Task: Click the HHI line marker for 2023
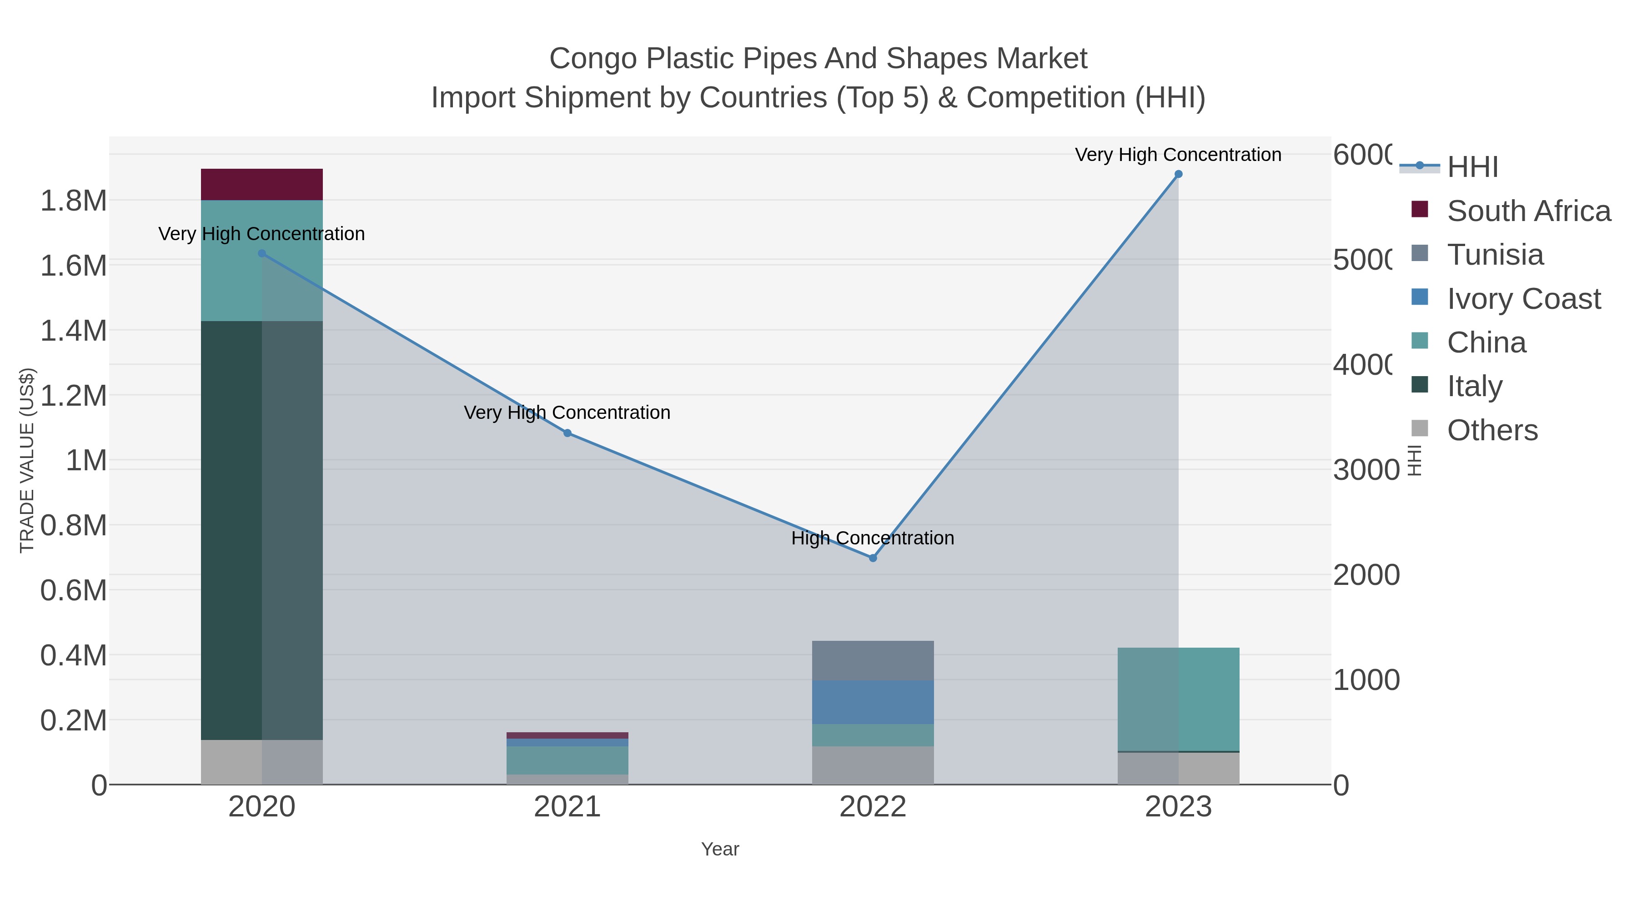pyautogui.click(x=1178, y=174)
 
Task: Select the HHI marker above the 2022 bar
pyautogui.click(x=873, y=558)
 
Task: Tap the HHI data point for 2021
pyautogui.click(x=567, y=433)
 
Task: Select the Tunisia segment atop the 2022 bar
pyautogui.click(x=873, y=661)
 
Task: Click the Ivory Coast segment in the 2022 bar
pyautogui.click(x=873, y=702)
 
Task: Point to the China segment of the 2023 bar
pyautogui.click(x=1178, y=699)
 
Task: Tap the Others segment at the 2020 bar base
pyautogui.click(x=262, y=762)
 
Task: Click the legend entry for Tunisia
pyautogui.click(x=1495, y=255)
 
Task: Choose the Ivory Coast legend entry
pyautogui.click(x=1523, y=299)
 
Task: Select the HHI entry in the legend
pyautogui.click(x=1472, y=167)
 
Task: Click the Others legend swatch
pyautogui.click(x=1420, y=429)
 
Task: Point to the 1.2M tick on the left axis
pyautogui.click(x=74, y=395)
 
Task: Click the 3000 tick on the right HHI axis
pyautogui.click(x=1366, y=470)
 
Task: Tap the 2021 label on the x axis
pyautogui.click(x=567, y=807)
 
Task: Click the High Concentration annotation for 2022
pyautogui.click(x=873, y=539)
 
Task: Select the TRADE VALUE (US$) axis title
pyautogui.click(x=27, y=460)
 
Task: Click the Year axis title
pyautogui.click(x=720, y=849)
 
